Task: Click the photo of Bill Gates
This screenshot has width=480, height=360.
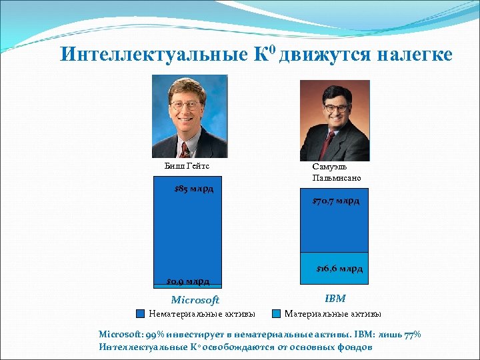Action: (189, 116)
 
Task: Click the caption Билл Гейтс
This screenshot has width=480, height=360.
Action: (182, 167)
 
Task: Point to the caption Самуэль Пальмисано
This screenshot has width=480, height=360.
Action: (336, 173)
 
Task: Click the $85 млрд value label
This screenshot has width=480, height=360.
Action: (193, 189)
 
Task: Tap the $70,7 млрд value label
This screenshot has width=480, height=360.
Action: (336, 201)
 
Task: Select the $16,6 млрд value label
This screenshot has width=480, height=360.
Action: (339, 269)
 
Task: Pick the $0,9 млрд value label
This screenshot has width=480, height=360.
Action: (188, 281)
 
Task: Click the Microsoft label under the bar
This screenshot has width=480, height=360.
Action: (195, 300)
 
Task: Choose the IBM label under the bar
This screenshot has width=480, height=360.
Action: (335, 299)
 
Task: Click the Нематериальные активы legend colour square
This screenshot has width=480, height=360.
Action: (141, 313)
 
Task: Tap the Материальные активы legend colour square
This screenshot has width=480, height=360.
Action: (276, 313)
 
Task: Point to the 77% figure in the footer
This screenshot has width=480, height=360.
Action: (413, 335)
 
